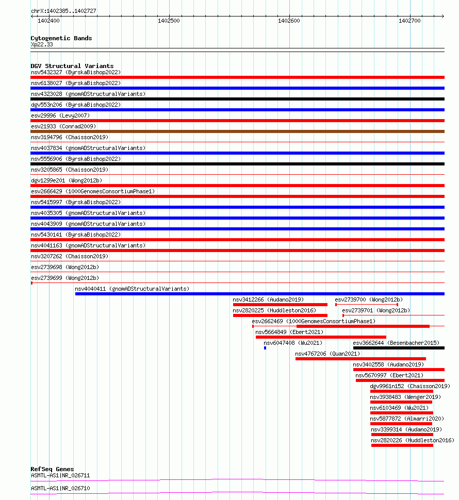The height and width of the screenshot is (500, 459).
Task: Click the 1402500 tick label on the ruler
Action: [169, 21]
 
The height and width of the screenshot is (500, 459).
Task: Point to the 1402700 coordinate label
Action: [409, 21]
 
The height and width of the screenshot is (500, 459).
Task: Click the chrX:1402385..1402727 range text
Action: [63, 11]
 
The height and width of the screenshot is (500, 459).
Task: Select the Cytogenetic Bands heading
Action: [61, 38]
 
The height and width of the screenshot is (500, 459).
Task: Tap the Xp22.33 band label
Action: [42, 44]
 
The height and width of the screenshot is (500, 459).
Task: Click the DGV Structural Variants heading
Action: [72, 66]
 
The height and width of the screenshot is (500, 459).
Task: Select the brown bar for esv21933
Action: [237, 131]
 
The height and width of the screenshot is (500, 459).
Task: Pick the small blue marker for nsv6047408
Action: [265, 348]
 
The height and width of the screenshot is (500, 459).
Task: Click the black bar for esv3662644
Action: [398, 348]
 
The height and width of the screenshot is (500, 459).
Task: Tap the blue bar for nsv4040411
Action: [259, 294]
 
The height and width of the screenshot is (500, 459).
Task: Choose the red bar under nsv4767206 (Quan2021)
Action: [360, 359]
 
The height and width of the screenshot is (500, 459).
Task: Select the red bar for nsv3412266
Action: [280, 305]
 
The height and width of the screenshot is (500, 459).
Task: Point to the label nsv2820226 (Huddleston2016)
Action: [413, 440]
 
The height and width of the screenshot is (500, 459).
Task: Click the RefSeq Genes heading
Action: [52, 469]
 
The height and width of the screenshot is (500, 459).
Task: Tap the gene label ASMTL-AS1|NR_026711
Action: [60, 475]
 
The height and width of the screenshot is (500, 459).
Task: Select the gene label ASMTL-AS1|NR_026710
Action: [60, 488]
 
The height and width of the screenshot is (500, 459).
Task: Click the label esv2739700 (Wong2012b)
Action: [369, 299]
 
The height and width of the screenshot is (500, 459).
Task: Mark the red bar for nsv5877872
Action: [401, 424]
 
